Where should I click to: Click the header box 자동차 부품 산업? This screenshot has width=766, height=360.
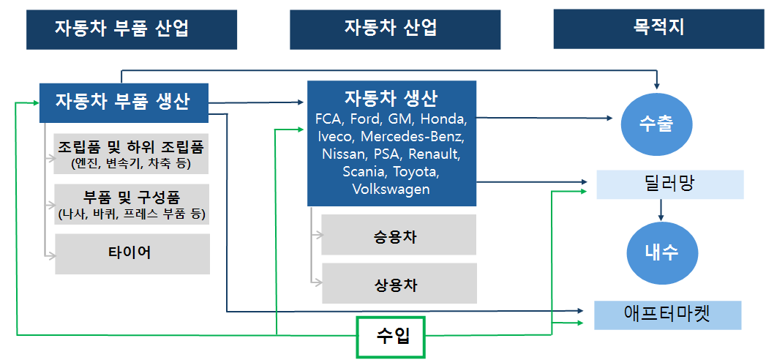point(132,29)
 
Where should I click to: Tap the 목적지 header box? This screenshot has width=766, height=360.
point(658,29)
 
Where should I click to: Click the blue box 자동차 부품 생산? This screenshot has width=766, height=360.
point(123,100)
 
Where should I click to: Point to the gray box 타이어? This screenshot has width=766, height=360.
point(132,253)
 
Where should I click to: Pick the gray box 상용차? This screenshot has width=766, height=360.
point(399,284)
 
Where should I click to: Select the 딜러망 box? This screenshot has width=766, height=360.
point(669,184)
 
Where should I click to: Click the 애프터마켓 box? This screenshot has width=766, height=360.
point(668,315)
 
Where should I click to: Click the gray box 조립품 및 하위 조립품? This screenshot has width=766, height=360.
point(132,152)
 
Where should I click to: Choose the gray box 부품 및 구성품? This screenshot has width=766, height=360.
point(132,204)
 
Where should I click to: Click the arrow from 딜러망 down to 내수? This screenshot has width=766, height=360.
point(661,210)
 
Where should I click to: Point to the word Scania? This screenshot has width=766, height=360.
point(364,172)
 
